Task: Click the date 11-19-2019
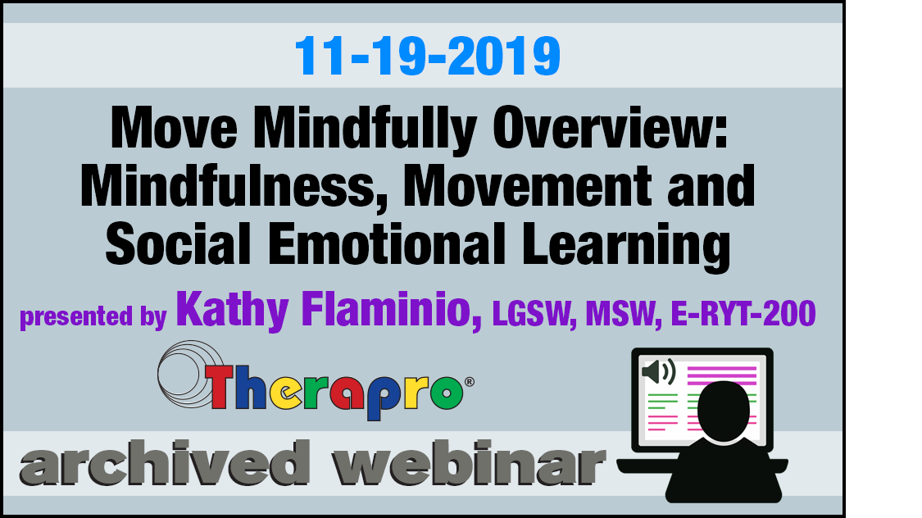428,57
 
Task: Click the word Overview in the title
611,128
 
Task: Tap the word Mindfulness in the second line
228,186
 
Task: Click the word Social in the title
178,243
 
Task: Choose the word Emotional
388,243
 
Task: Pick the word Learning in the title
627,247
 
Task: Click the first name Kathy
232,310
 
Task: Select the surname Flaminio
392,310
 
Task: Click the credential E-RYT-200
743,313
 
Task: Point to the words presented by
93,316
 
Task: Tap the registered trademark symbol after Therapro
470,382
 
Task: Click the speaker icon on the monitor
659,371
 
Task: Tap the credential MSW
620,314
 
